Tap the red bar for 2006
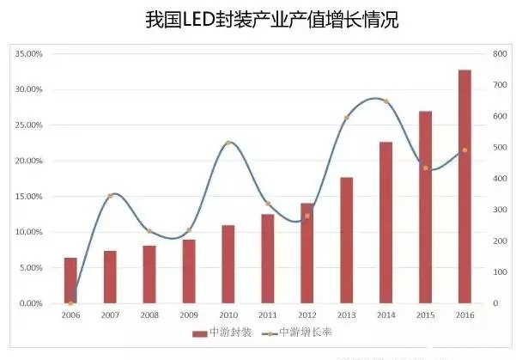[x=70, y=280]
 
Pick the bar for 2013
[x=346, y=240]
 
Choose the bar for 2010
[x=228, y=264]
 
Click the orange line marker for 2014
[x=385, y=101]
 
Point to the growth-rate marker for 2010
[x=228, y=143]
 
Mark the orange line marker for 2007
[x=110, y=197]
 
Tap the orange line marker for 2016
[x=464, y=150]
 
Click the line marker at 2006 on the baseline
[x=70, y=303]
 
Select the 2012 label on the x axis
[x=307, y=315]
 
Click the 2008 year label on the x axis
[x=149, y=315]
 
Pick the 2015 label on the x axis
[x=425, y=315]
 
